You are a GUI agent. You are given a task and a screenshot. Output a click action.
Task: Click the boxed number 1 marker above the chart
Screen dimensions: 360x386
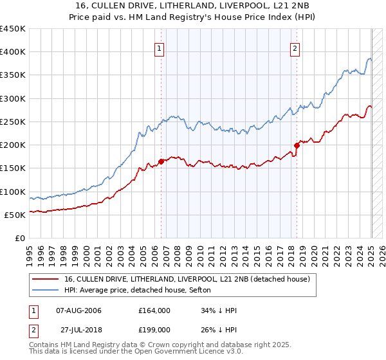[159, 47]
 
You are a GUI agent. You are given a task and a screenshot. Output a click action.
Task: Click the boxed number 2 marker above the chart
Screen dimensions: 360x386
[295, 47]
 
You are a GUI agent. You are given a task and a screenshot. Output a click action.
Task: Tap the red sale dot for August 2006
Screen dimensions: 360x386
[161, 162]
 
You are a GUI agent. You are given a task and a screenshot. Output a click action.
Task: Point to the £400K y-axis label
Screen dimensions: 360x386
[13, 52]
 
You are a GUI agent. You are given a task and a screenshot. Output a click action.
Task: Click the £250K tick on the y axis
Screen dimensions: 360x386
[13, 122]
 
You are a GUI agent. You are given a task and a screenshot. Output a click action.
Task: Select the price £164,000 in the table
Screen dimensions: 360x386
[154, 310]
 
